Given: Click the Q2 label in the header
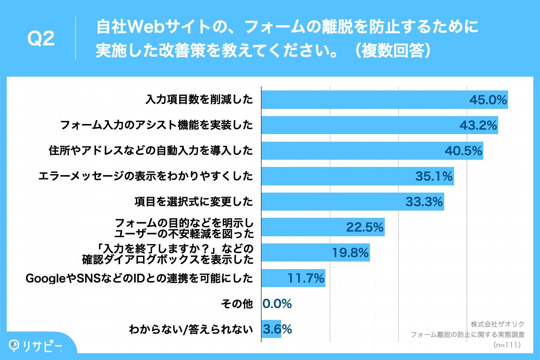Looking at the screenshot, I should (41, 40).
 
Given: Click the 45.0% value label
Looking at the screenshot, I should (488, 100).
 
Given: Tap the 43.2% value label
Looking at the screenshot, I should (478, 126).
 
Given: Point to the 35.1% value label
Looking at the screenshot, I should (434, 176).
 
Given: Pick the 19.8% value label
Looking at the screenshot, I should (351, 253).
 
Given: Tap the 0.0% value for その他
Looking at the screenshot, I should (277, 304).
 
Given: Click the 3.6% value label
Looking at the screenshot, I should (277, 329).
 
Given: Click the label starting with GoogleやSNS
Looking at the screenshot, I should (139, 278).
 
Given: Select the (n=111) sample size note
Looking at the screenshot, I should (507, 345).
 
